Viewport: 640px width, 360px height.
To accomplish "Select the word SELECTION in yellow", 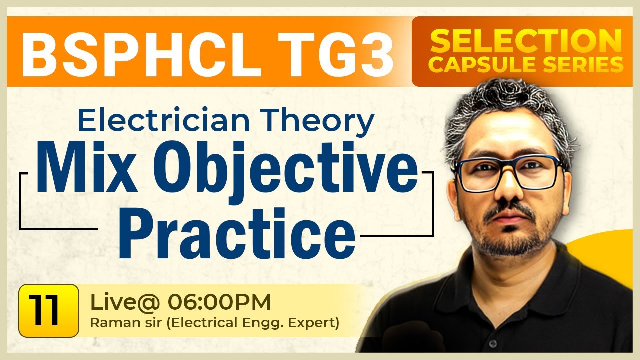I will pyautogui.click(x=522, y=41).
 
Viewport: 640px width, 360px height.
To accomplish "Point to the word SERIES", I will pyautogui.click(x=582, y=65).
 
